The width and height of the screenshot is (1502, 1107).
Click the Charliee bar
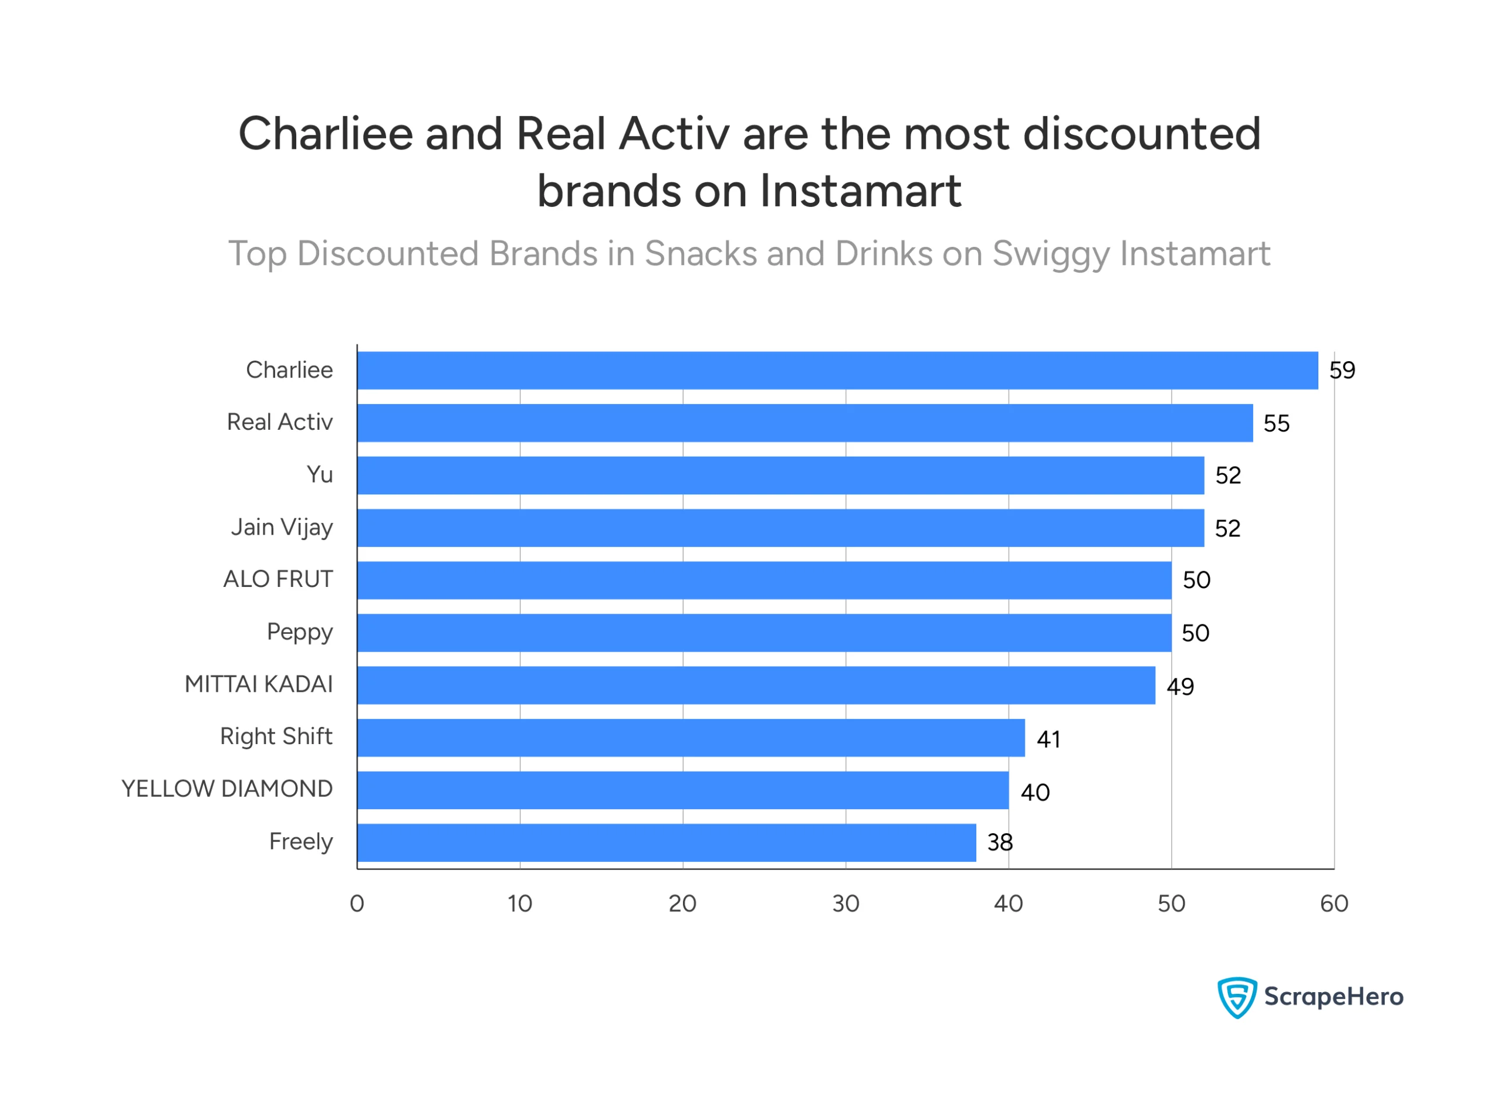click(x=838, y=371)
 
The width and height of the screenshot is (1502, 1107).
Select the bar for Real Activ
click(x=804, y=423)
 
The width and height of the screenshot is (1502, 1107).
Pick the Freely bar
click(x=667, y=844)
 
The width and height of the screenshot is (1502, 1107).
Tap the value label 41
click(x=1050, y=741)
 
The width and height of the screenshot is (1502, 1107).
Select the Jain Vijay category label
click(x=282, y=528)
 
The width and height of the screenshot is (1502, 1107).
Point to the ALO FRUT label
click(x=278, y=580)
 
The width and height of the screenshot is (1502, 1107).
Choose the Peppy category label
click(x=300, y=633)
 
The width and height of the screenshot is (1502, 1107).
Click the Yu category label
click(x=320, y=476)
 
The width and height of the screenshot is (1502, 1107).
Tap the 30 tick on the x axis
click(x=846, y=905)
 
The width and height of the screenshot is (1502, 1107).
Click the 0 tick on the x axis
click(x=357, y=905)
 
